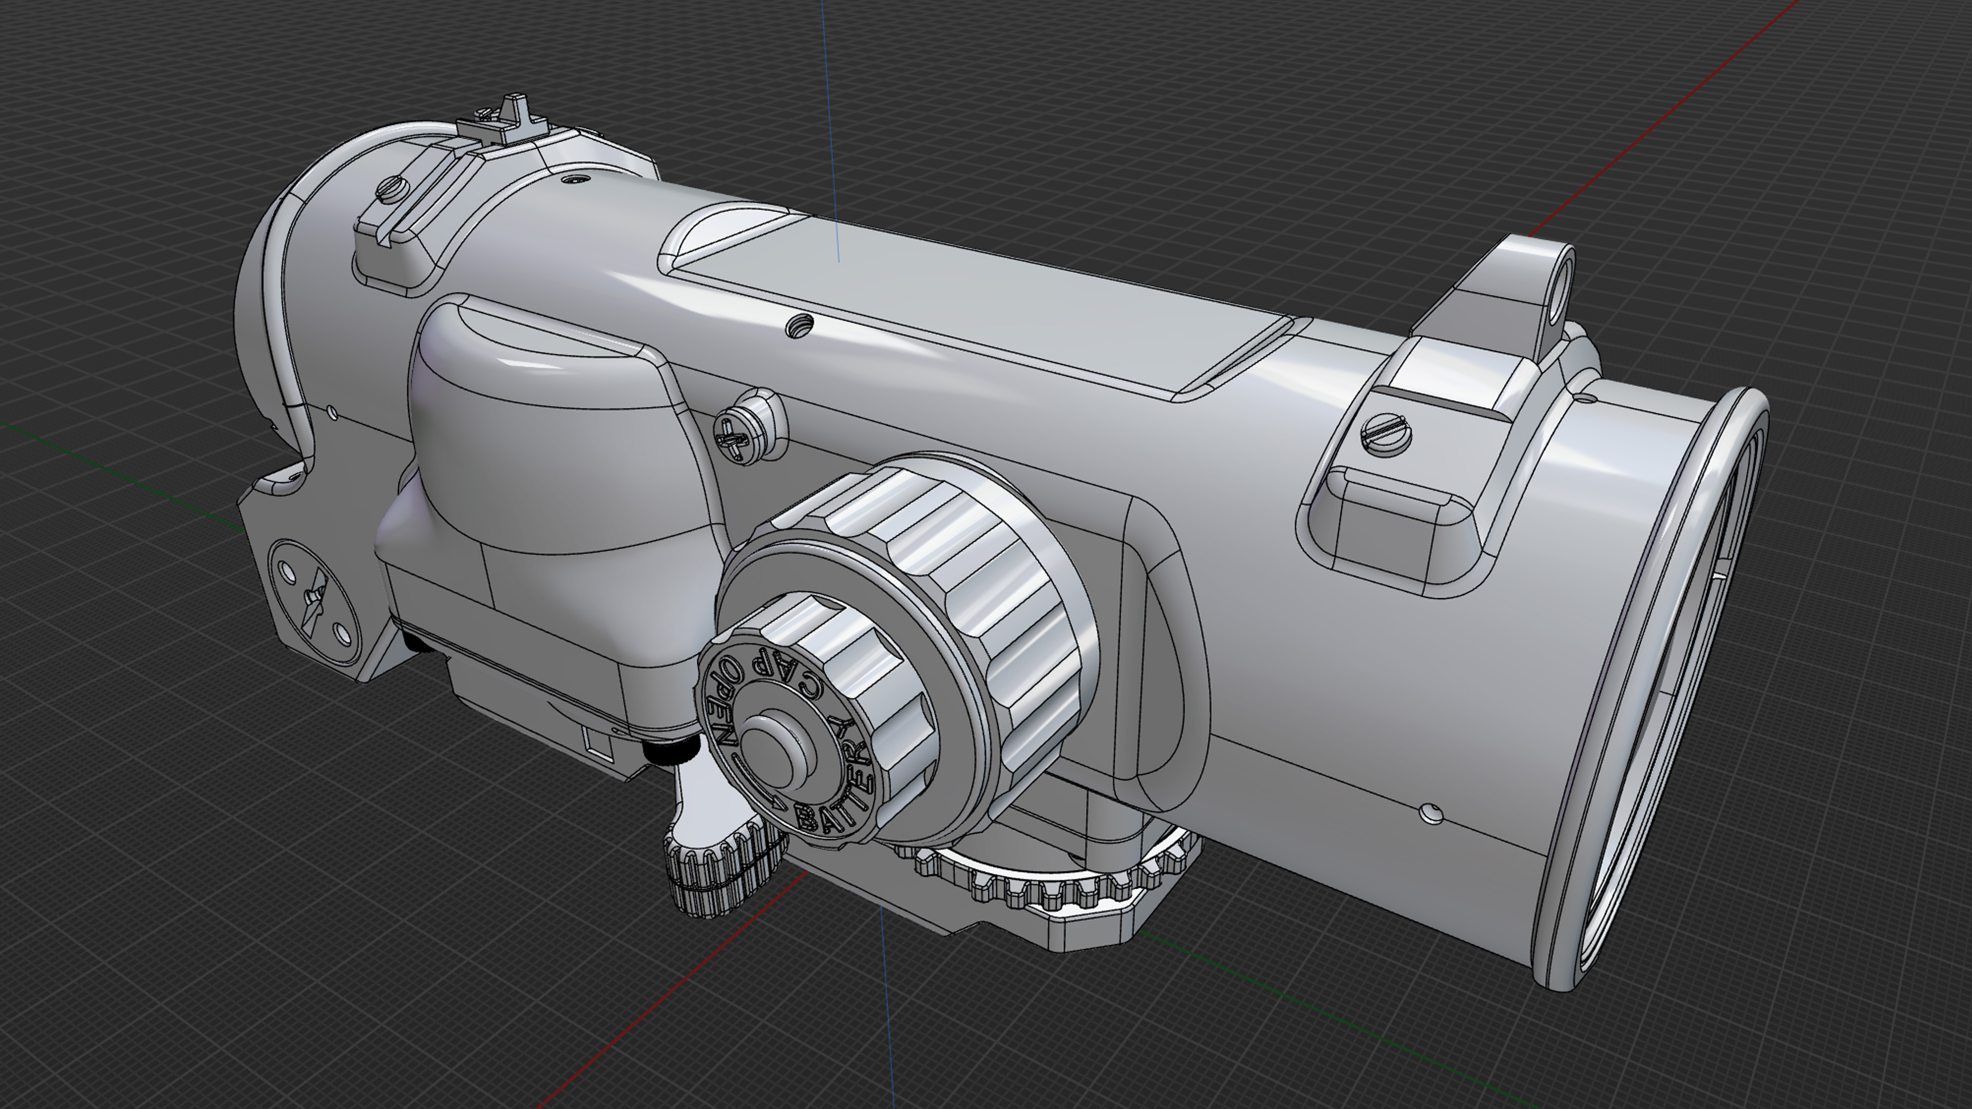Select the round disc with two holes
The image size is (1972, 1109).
point(314,601)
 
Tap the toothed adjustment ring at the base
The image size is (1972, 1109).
point(1056,880)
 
